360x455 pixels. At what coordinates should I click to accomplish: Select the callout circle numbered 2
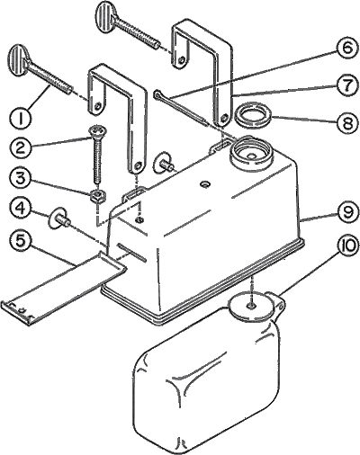click(x=20, y=148)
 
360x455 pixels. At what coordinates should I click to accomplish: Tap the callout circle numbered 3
click(x=20, y=179)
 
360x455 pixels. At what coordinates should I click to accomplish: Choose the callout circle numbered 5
click(x=20, y=241)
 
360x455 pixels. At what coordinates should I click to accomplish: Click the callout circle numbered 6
click(x=346, y=49)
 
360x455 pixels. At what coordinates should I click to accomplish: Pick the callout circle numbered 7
click(x=346, y=85)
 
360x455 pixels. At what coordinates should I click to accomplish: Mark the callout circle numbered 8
click(x=346, y=121)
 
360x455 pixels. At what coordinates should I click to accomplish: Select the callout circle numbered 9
click(x=346, y=211)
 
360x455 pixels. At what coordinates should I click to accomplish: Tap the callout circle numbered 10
click(x=346, y=246)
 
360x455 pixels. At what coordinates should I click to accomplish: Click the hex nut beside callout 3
click(x=97, y=196)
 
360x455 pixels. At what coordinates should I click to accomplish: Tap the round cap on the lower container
click(x=251, y=306)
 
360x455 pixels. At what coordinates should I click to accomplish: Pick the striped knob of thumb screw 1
click(x=20, y=58)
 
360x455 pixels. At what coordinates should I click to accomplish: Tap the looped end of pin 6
click(x=157, y=94)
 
